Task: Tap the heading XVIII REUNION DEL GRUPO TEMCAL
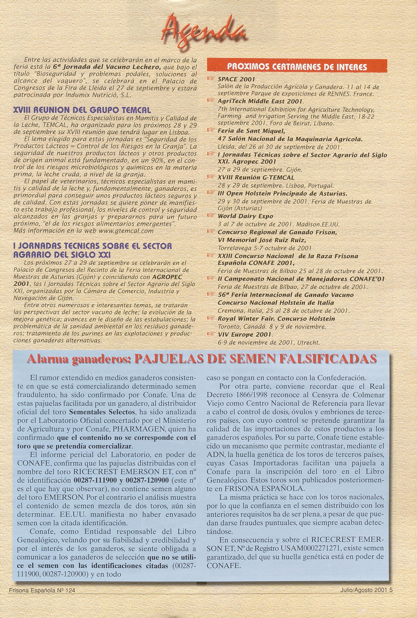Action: tap(82, 110)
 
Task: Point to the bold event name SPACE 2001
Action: tap(236, 79)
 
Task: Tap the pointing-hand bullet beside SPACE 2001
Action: tap(211, 79)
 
